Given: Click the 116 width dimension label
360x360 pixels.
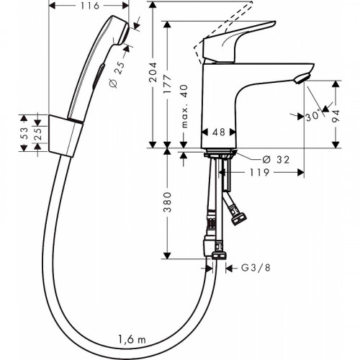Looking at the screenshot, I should (89, 6).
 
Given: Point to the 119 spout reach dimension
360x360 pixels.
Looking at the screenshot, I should (260, 173).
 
